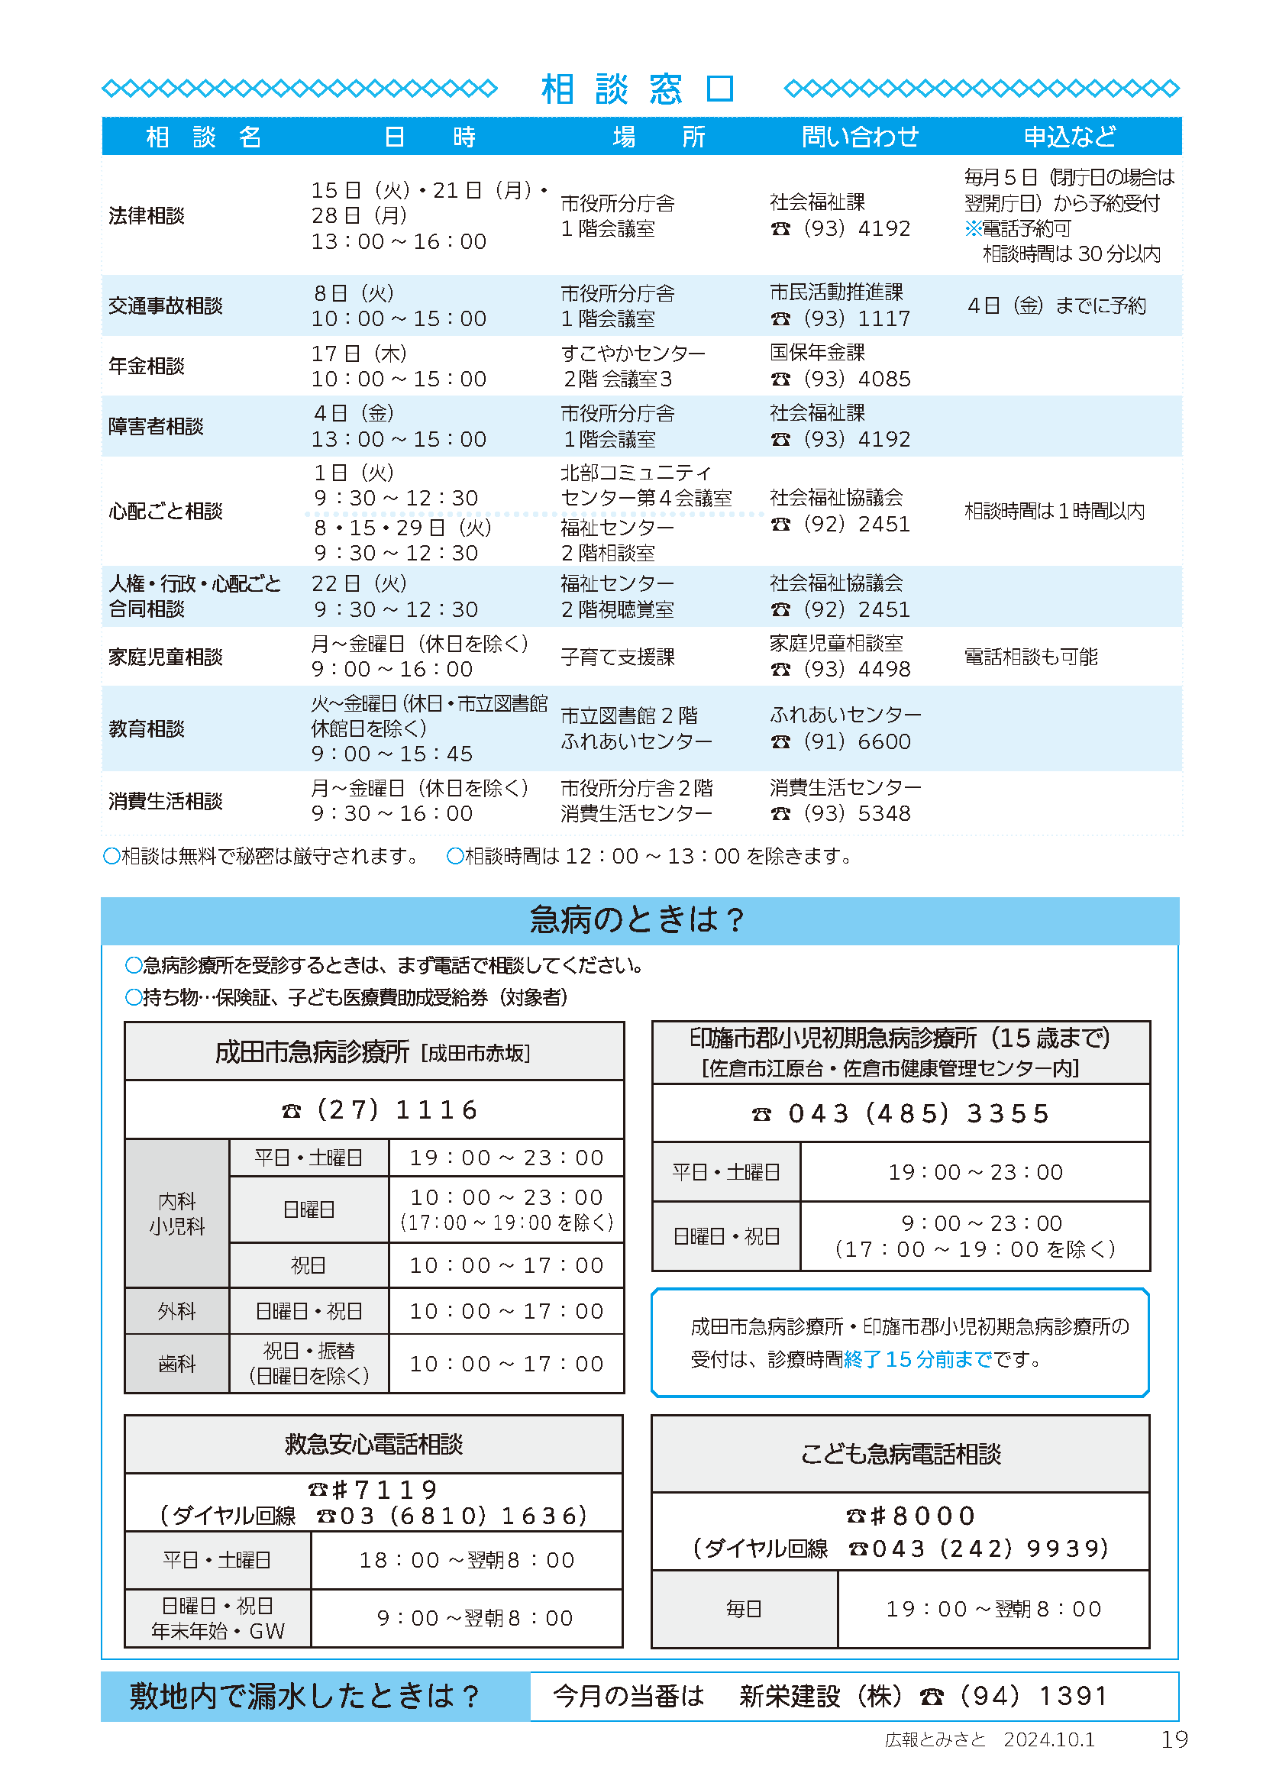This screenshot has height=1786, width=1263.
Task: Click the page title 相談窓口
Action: coord(638,89)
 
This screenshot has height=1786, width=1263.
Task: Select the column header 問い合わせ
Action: coord(859,137)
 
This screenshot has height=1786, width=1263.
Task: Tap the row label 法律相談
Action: coord(146,215)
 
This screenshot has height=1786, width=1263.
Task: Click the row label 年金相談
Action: coord(146,366)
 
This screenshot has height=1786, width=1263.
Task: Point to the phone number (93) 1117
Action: coord(855,318)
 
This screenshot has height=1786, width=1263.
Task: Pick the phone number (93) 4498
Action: coord(855,669)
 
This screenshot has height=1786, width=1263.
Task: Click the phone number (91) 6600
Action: coord(855,741)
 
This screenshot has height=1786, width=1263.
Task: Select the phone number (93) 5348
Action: coord(855,813)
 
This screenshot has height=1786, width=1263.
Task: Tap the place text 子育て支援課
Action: coord(618,657)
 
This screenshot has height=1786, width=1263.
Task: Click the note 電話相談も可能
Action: coord(1030,657)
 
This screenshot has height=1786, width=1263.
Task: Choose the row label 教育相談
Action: coord(146,729)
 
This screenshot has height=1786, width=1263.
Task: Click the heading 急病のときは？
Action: coord(638,919)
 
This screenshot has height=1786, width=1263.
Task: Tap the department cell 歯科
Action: coord(176,1364)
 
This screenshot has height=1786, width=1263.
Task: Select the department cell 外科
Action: coord(176,1312)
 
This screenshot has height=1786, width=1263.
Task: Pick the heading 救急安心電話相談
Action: coord(373,1445)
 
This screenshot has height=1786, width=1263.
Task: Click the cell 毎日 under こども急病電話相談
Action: coord(744,1609)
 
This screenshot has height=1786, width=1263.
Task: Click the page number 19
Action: coord(1174,1739)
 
